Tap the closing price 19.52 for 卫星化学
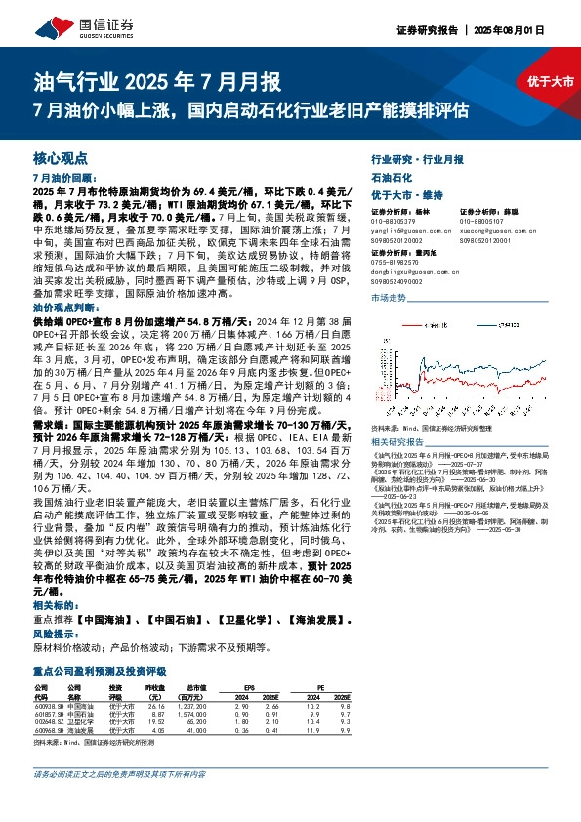[152, 721]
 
